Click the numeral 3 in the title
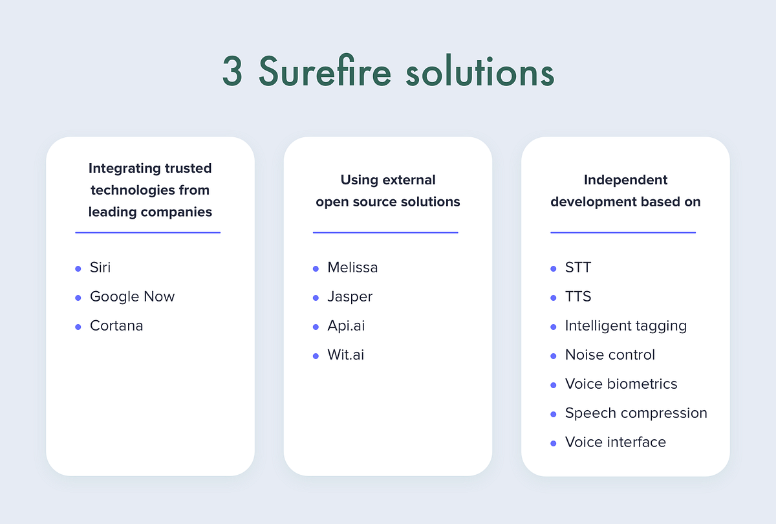(232, 72)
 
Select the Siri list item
(100, 267)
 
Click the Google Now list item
(132, 296)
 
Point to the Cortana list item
(116, 325)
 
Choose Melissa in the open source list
(352, 267)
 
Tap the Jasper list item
(350, 296)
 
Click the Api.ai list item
(346, 325)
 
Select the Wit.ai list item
(345, 355)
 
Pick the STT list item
(578, 267)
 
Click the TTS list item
(578, 296)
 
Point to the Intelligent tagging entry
(625, 325)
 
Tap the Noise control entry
(610, 355)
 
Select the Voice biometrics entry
(621, 384)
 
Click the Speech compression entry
(636, 413)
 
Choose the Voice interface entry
(615, 442)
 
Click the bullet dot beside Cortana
(78, 327)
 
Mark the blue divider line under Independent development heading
(623, 232)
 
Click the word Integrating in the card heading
(123, 168)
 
